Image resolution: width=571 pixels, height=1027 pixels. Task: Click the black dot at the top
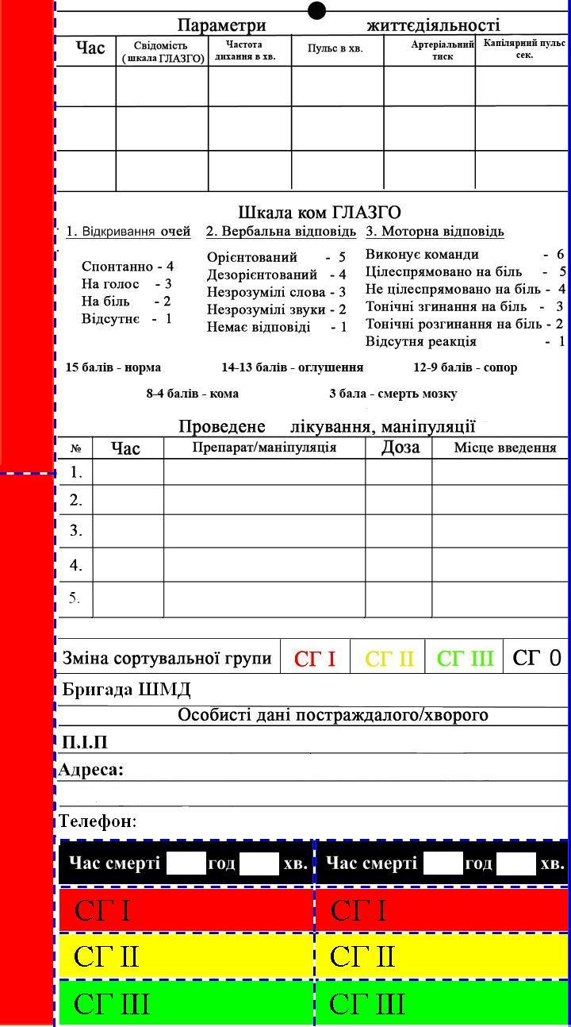click(316, 10)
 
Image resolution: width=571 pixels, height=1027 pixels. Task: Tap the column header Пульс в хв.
click(335, 48)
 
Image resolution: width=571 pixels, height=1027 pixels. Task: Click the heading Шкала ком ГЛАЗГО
click(320, 213)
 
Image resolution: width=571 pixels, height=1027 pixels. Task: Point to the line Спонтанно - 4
click(127, 267)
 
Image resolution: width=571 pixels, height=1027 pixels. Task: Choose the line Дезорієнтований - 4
click(276, 275)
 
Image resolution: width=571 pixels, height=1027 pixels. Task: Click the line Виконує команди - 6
click(465, 254)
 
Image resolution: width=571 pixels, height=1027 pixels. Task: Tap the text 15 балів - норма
click(113, 367)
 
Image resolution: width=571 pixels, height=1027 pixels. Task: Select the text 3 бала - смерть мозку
click(393, 394)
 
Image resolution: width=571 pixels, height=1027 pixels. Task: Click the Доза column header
click(400, 448)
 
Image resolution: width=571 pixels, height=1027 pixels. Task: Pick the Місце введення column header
click(504, 448)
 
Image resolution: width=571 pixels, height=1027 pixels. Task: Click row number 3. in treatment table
click(76, 530)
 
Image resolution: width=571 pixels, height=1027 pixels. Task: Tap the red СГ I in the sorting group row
click(315, 659)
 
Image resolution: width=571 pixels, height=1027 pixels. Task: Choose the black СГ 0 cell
click(536, 658)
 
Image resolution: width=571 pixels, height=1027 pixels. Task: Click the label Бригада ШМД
click(127, 689)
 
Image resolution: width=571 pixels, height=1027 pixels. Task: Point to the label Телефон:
click(98, 821)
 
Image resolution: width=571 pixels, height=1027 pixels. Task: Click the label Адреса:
click(91, 770)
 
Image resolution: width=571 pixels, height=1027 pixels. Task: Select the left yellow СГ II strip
click(186, 956)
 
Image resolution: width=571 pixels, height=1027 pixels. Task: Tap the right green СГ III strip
click(443, 1004)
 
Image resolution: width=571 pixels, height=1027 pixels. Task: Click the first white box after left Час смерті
click(186, 864)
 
